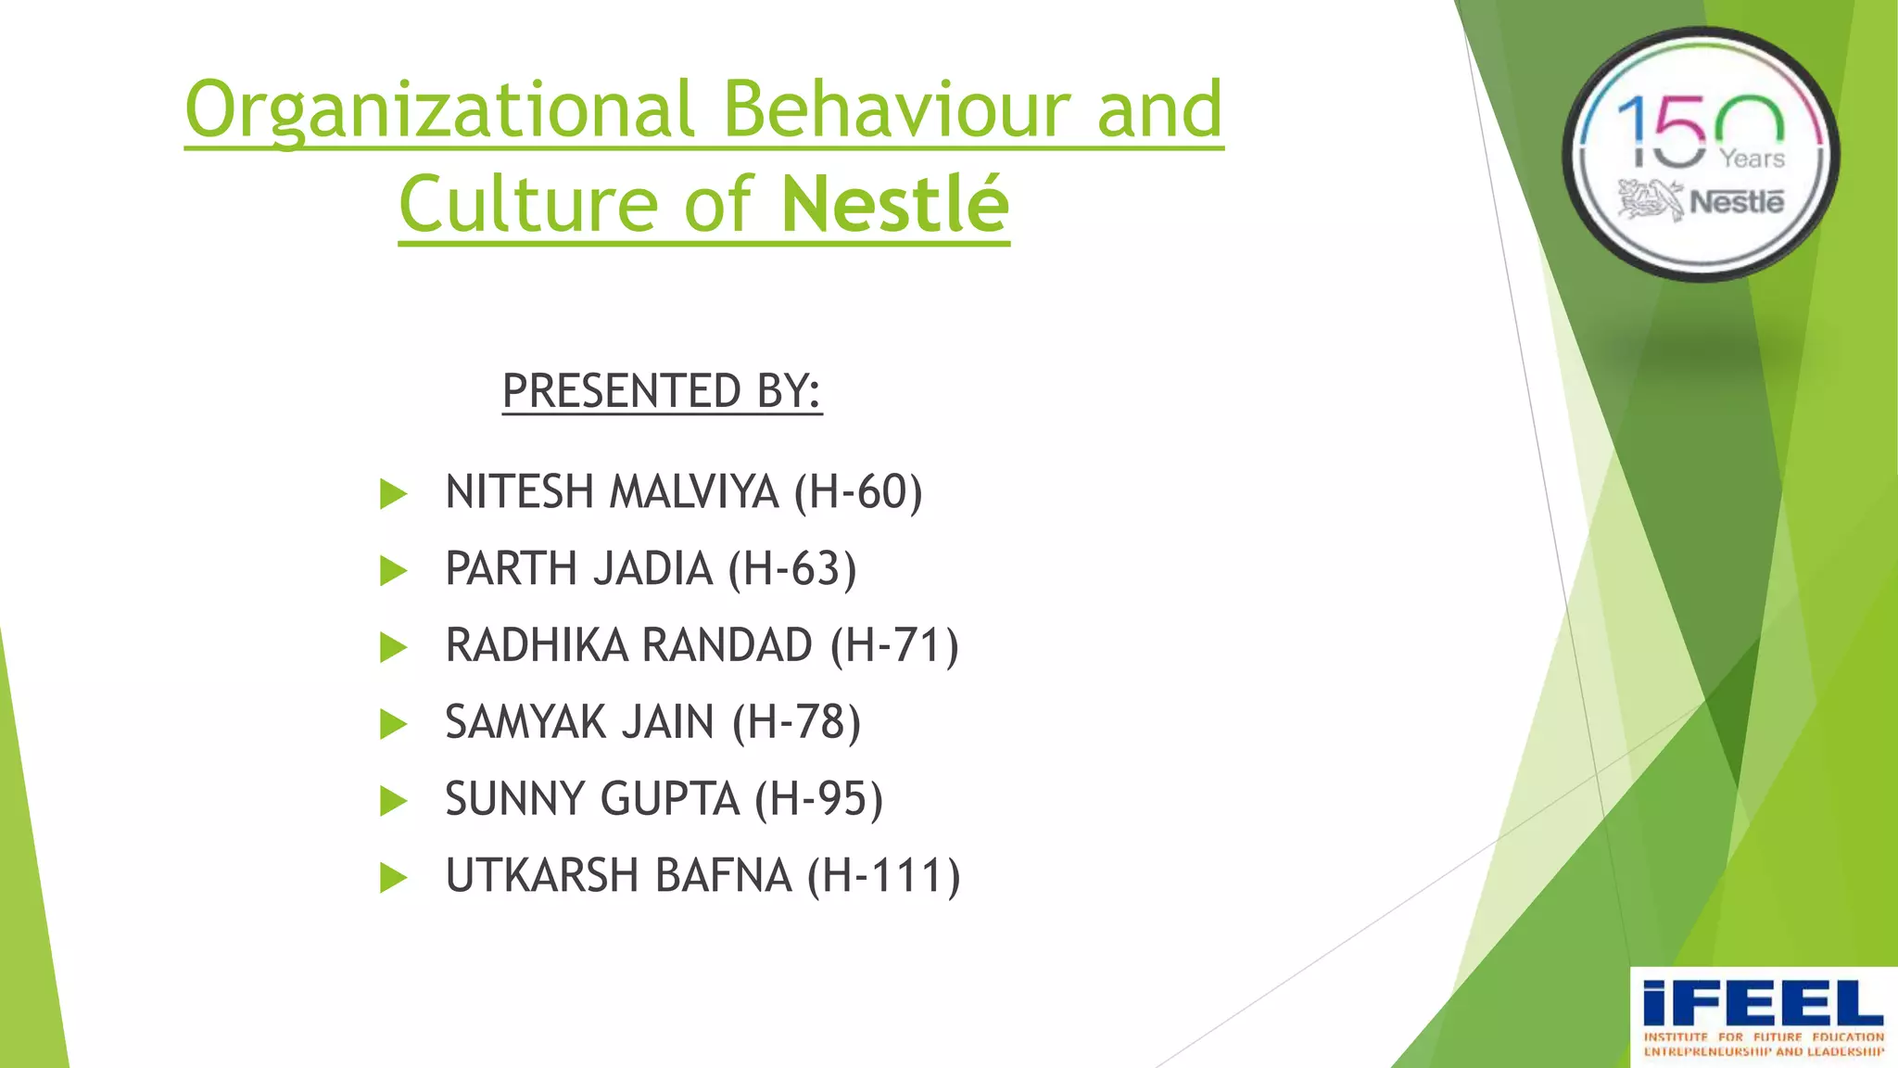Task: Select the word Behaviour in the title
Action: tap(895, 109)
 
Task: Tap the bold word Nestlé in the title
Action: tap(894, 204)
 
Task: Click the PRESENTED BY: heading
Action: tap(662, 390)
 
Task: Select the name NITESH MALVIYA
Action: tap(612, 491)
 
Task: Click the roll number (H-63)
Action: tap(792, 568)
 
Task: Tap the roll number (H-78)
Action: tap(797, 722)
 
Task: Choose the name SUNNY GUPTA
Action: tap(592, 799)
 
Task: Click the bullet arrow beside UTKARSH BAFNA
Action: tap(393, 877)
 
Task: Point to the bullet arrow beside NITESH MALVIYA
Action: tap(393, 493)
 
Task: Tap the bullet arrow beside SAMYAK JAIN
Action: tap(393, 724)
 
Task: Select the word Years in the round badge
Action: tap(1752, 159)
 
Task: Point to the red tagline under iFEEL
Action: tap(1764, 1044)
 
